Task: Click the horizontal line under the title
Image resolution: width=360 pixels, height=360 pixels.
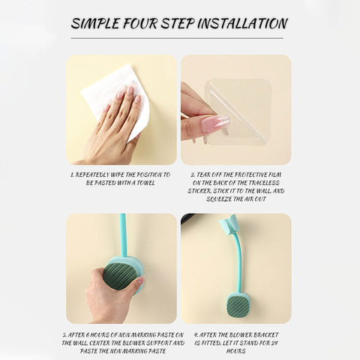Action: tap(177, 38)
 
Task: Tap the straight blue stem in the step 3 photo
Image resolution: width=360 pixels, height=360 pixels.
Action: tap(122, 235)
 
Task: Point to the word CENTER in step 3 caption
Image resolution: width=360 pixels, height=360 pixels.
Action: tap(99, 343)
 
